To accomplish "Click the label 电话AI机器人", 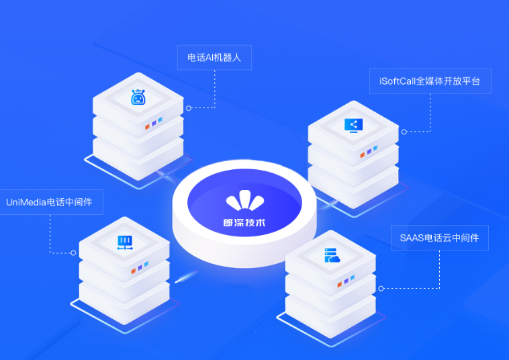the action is click(x=214, y=58).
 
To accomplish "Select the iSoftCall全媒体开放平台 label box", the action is click(x=430, y=81).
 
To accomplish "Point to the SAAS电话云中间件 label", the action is click(x=440, y=238).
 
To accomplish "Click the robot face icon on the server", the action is click(x=138, y=97).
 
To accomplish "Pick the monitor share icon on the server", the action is click(x=353, y=126).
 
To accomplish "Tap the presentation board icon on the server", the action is click(x=125, y=243).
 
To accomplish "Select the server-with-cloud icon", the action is click(x=332, y=255).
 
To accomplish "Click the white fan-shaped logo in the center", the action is click(x=245, y=201).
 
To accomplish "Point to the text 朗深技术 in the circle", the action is click(x=244, y=223).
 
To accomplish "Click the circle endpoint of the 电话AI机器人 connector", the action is click(x=189, y=108).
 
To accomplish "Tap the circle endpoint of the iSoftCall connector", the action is click(x=404, y=132).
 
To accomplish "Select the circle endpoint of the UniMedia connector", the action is click(x=73, y=253).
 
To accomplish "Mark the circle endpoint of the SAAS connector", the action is click(x=381, y=288).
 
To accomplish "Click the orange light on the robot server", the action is click(x=147, y=126).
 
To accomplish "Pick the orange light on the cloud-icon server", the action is click(x=340, y=284).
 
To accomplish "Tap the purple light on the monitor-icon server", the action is click(x=369, y=152).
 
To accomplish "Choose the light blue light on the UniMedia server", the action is click(x=146, y=264).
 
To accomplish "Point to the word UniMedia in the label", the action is click(x=26, y=202).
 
